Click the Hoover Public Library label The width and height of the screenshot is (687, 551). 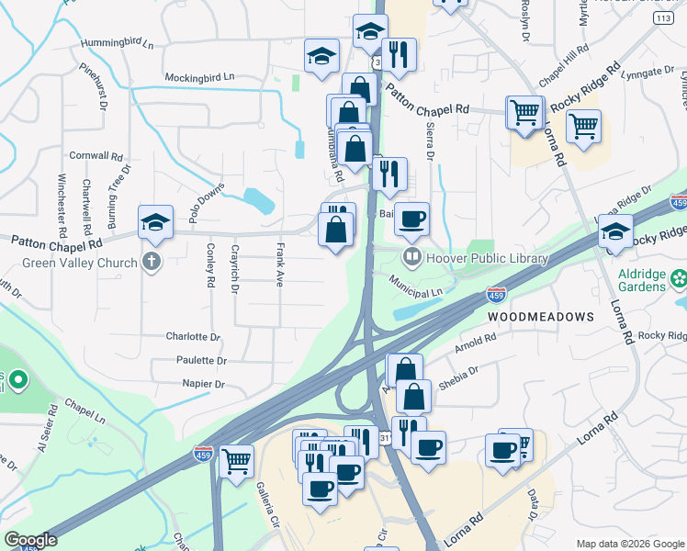(x=487, y=259)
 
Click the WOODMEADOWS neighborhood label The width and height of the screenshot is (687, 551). (x=540, y=316)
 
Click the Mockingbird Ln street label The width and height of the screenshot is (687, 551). (x=200, y=77)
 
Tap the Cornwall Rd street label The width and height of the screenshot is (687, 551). (x=96, y=155)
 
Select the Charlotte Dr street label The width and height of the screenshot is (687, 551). (x=193, y=337)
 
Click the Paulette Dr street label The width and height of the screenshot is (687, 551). (x=197, y=361)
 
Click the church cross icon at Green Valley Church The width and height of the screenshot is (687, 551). (x=152, y=263)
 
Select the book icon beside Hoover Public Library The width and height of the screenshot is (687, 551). (x=413, y=258)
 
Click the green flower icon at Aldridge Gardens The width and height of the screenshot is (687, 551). (x=679, y=276)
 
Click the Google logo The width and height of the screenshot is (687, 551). (x=30, y=540)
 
